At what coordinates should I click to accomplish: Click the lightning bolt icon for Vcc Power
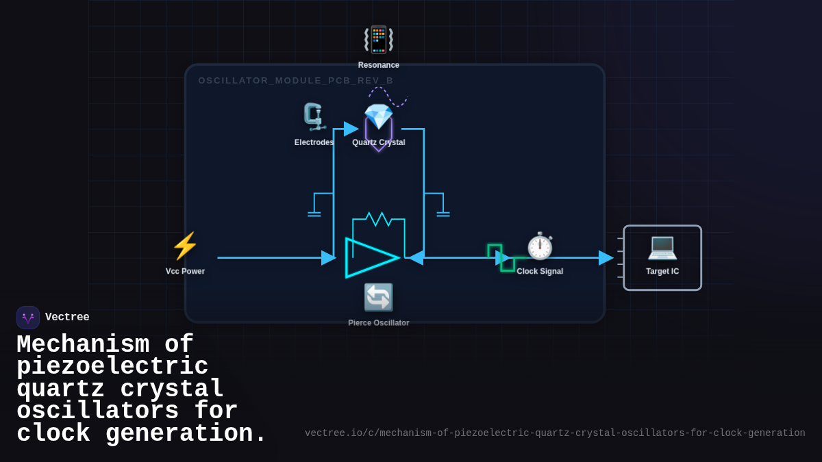[x=185, y=246]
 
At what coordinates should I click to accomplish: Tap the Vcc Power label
[x=185, y=271]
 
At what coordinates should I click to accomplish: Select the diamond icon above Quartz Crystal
[x=378, y=116]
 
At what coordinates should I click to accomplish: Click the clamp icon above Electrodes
[x=314, y=117]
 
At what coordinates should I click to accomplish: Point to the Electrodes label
[x=314, y=142]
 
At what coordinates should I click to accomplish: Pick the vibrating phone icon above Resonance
[x=379, y=40]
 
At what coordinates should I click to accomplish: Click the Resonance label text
[x=379, y=65]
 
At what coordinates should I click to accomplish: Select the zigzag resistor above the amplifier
[x=378, y=219]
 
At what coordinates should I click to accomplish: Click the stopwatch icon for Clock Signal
[x=540, y=246]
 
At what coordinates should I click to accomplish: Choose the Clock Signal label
[x=540, y=271]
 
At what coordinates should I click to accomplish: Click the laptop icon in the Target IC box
[x=662, y=246]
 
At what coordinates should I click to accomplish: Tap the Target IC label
[x=662, y=271]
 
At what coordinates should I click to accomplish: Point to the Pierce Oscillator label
[x=379, y=323]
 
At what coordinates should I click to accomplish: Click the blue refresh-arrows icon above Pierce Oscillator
[x=379, y=297]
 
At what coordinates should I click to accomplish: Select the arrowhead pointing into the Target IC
[x=606, y=258]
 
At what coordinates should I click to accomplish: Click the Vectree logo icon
[x=28, y=318]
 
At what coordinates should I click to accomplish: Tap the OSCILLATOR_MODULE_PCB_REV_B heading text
[x=296, y=81]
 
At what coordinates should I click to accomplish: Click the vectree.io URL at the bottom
[x=555, y=433]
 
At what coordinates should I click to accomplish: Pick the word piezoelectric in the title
[x=112, y=368]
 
